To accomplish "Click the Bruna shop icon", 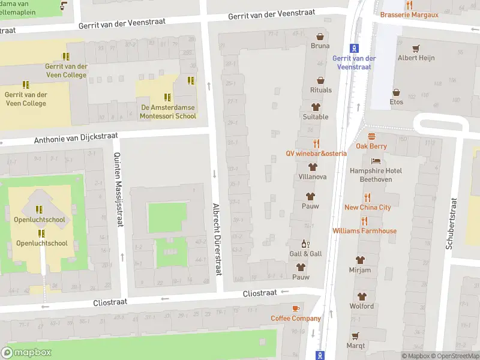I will click(320, 36).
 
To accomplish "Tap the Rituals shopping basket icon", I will click(321, 80).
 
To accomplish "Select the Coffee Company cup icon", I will click(295, 308).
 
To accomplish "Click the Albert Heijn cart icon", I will click(416, 48).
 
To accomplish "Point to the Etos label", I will click(396, 102).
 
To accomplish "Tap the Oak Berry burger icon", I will click(371, 136).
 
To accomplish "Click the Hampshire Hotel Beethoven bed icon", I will click(376, 161).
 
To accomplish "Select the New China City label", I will click(367, 208).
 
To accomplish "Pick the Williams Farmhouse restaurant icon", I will click(364, 221).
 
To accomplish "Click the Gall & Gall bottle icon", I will click(305, 244).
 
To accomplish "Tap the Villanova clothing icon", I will click(312, 167).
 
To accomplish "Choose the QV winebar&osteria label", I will click(316, 153).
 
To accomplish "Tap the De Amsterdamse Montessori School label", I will click(168, 112).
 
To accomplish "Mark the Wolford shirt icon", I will click(362, 296).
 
